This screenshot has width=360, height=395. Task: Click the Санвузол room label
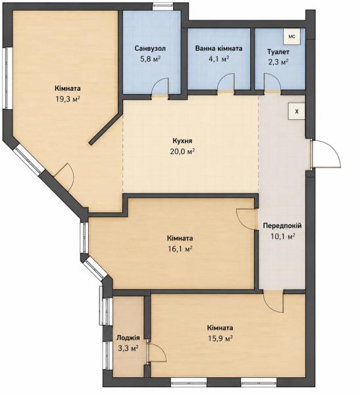click(150, 48)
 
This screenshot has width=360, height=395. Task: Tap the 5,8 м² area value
click(150, 59)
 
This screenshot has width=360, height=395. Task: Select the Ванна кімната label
click(219, 48)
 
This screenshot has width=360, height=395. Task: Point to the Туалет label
click(278, 52)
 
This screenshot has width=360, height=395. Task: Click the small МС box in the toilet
click(292, 36)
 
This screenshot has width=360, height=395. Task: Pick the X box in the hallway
click(297, 111)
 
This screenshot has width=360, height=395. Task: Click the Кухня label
click(182, 141)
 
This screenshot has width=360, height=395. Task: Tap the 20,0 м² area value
click(182, 151)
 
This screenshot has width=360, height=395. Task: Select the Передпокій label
click(282, 226)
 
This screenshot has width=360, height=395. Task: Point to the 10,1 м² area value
click(282, 236)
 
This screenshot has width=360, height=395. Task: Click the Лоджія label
click(128, 338)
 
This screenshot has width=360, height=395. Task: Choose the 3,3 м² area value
click(128, 349)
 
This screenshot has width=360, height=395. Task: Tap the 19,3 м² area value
click(68, 99)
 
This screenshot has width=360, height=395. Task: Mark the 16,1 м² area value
click(180, 249)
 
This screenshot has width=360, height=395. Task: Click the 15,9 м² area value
click(220, 338)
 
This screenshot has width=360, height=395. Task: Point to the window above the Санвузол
click(163, 6)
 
